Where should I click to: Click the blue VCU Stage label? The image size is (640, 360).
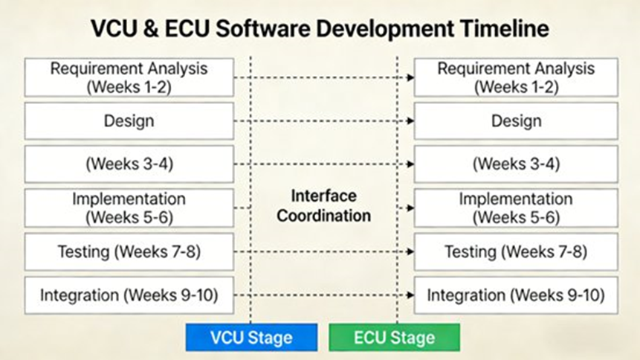click(x=251, y=338)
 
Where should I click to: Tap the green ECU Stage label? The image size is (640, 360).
click(x=395, y=338)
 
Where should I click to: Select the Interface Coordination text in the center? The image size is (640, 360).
click(x=323, y=206)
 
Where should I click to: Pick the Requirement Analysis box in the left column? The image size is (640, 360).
click(x=129, y=77)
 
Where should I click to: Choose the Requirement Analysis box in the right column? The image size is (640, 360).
click(x=516, y=77)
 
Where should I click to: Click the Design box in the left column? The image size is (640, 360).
click(x=129, y=121)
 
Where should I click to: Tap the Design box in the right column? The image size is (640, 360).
click(x=516, y=121)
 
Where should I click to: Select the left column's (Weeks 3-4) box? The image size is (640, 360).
click(x=129, y=164)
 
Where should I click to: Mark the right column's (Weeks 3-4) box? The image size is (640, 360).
click(x=516, y=164)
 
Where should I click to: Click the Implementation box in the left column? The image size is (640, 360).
click(x=129, y=208)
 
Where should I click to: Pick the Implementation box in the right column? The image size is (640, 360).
click(x=516, y=208)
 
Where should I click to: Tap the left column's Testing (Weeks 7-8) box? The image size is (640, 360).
click(x=129, y=252)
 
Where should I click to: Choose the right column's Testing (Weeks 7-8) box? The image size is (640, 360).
click(x=516, y=252)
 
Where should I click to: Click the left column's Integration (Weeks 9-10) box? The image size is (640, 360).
click(x=129, y=295)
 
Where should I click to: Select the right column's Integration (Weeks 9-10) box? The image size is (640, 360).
click(x=516, y=295)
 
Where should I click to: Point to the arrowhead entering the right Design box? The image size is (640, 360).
click(x=410, y=121)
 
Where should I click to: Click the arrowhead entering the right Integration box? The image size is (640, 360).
click(x=410, y=295)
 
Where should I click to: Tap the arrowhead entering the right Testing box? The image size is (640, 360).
click(x=410, y=252)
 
